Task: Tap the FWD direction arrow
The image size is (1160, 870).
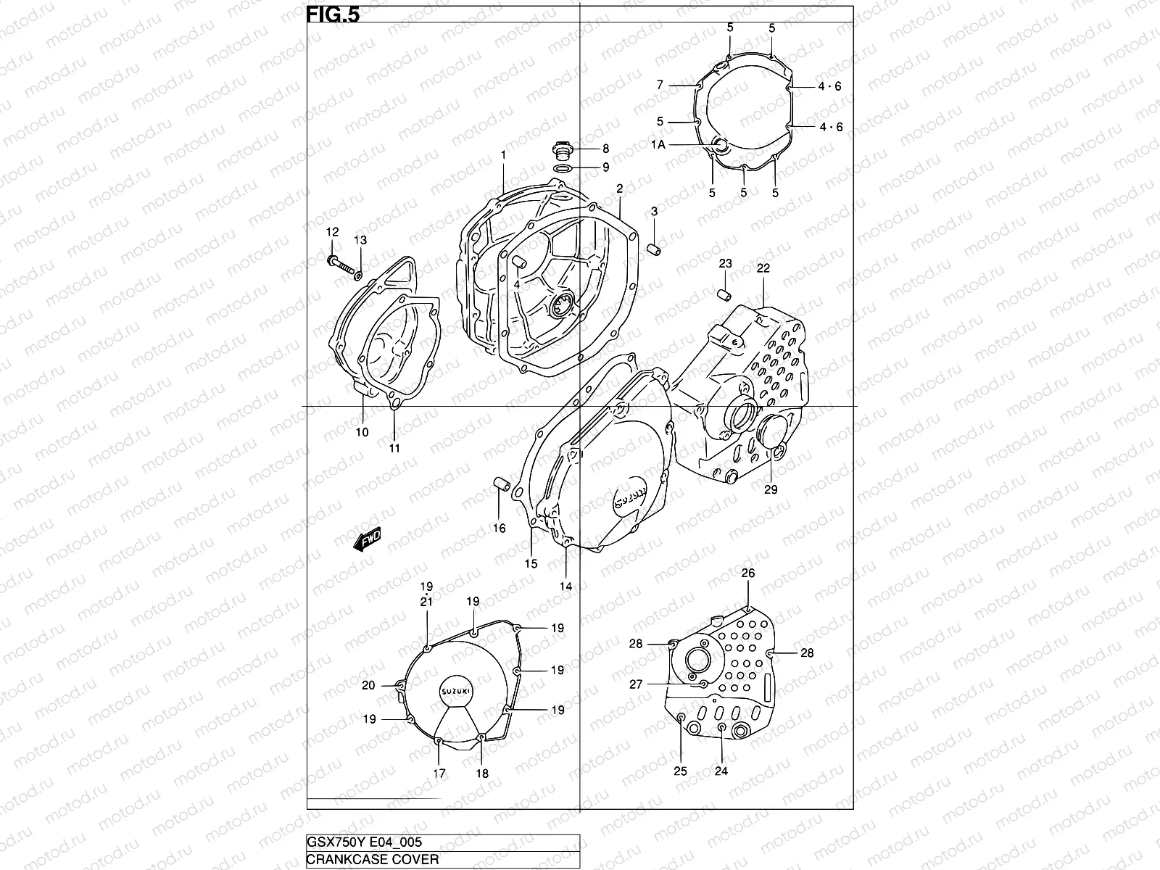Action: click(x=368, y=541)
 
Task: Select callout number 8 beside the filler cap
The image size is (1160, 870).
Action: click(x=605, y=149)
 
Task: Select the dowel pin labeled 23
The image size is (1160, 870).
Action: click(x=723, y=294)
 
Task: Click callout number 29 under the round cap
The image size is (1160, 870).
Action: click(x=770, y=489)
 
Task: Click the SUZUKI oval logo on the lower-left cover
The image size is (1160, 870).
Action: click(x=456, y=691)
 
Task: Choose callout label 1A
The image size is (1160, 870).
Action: click(x=658, y=145)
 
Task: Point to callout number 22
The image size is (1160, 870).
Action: click(x=763, y=268)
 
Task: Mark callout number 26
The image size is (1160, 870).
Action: click(x=747, y=573)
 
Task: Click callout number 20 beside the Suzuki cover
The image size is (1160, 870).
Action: click(x=368, y=685)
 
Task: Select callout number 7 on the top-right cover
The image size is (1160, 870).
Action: click(x=660, y=85)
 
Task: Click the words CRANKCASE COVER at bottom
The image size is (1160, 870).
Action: click(x=373, y=860)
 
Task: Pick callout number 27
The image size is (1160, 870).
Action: click(x=636, y=684)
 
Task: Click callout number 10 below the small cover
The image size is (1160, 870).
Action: click(x=362, y=432)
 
